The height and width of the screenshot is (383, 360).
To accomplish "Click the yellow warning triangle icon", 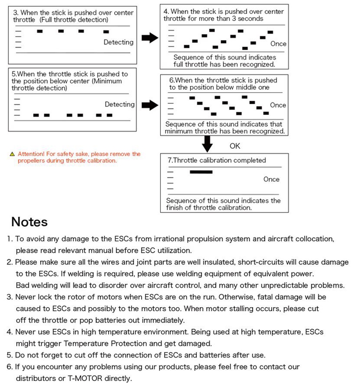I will (12, 155).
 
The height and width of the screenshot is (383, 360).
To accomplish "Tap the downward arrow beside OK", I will (207, 143).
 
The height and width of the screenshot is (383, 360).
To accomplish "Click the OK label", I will (235, 146).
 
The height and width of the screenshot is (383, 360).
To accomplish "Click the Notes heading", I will (29, 222).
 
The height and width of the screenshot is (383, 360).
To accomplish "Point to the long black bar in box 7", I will (201, 171).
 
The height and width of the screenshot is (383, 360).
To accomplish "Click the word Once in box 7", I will (271, 179).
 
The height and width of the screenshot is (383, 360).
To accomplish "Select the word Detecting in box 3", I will (119, 42).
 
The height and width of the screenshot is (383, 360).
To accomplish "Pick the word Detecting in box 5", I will (120, 104).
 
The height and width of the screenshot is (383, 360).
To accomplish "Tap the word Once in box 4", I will (278, 44).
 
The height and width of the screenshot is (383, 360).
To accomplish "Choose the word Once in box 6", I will (278, 105).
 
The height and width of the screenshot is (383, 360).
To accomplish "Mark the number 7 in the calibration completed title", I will (168, 160).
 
